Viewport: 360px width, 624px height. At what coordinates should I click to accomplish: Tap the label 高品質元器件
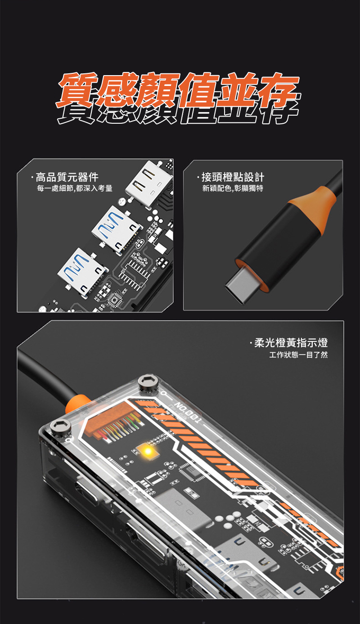(x=67, y=177)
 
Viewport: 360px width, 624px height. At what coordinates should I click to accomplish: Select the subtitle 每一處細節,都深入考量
(x=74, y=188)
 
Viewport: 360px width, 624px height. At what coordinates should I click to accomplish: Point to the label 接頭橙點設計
(x=233, y=177)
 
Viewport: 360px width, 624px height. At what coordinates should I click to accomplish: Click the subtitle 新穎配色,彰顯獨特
(x=233, y=188)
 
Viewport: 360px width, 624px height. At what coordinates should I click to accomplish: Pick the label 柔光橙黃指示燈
(x=291, y=343)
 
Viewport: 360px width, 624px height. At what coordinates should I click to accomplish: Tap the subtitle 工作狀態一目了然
(x=298, y=355)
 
